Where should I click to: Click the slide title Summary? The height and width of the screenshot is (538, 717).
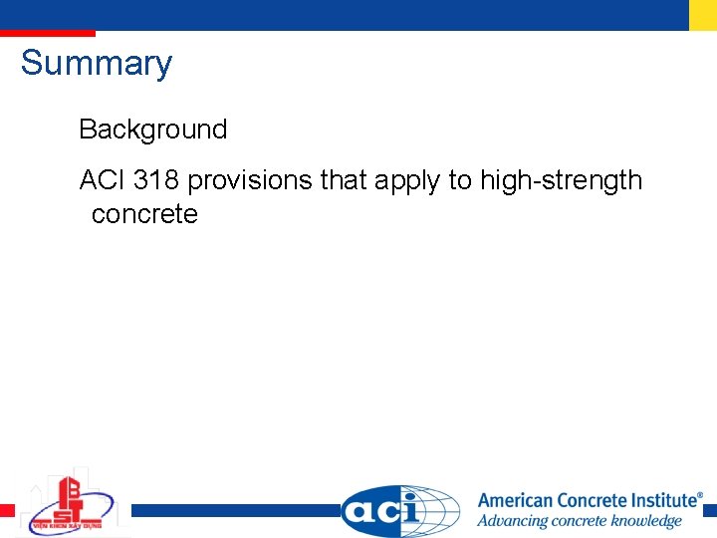tap(97, 63)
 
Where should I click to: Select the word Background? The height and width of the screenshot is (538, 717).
tap(152, 130)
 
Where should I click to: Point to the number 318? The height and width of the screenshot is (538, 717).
tap(155, 180)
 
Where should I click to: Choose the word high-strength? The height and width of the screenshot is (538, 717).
tap(561, 180)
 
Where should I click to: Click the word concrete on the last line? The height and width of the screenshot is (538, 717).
tap(144, 214)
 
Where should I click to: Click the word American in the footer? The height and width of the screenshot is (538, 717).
tap(517, 500)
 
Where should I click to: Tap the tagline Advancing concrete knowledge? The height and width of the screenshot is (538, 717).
tap(579, 521)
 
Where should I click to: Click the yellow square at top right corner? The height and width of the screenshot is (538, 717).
tap(702, 14)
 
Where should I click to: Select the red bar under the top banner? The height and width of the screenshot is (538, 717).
tap(48, 34)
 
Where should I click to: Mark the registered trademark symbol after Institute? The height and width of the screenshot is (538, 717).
tap(699, 494)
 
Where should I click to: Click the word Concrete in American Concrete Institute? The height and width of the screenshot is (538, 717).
tap(595, 500)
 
